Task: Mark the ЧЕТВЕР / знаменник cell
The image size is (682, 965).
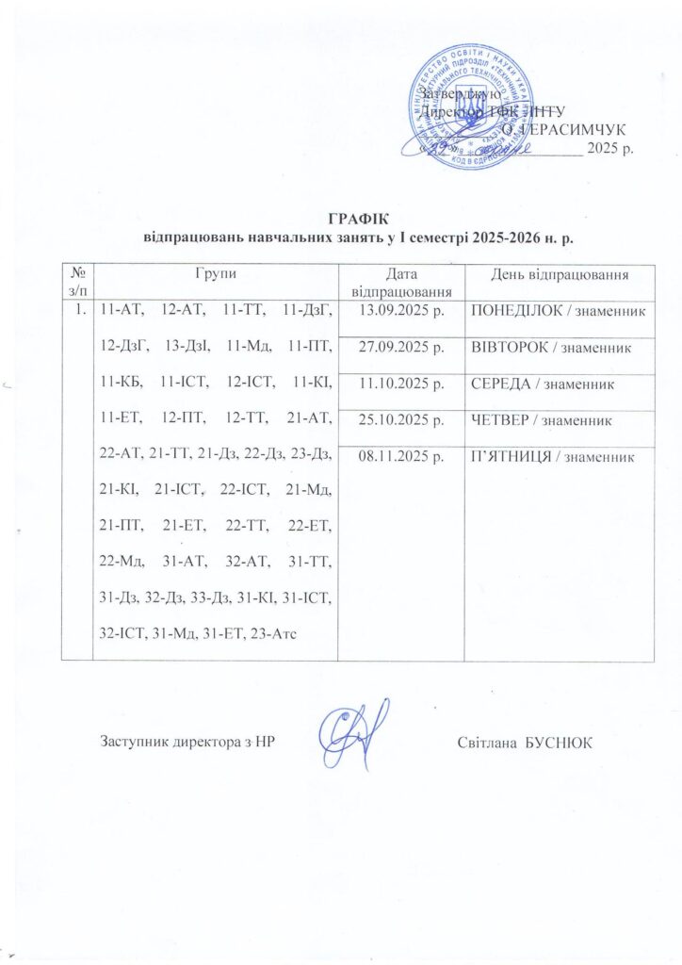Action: point(545,420)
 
